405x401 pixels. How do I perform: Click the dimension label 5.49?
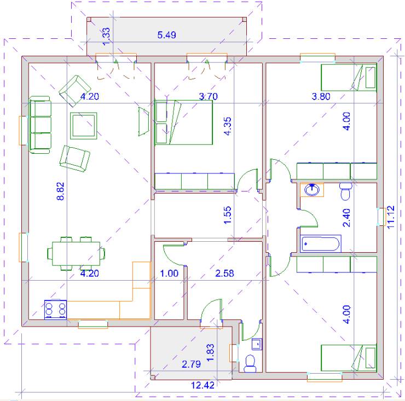click(166, 35)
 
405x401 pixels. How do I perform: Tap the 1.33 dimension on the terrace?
click(106, 37)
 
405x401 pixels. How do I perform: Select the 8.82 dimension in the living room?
click(60, 191)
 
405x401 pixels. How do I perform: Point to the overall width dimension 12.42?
click(202, 385)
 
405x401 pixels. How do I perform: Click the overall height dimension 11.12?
click(391, 217)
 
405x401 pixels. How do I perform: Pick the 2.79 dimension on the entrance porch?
click(191, 364)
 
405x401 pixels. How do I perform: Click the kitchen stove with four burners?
click(55, 309)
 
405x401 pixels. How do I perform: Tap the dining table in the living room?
click(76, 253)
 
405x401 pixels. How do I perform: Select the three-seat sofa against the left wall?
click(40, 125)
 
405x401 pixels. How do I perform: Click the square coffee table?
click(83, 126)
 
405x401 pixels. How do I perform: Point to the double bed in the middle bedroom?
click(184, 123)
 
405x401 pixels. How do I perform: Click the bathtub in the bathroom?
click(321, 243)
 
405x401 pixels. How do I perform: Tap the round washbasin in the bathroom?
click(312, 190)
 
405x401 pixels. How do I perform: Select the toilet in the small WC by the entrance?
click(250, 363)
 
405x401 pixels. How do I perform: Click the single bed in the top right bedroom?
click(349, 78)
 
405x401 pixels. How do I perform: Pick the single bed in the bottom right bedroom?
click(349, 358)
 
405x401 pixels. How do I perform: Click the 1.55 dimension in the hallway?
click(227, 215)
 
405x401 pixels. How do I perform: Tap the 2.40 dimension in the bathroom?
click(346, 218)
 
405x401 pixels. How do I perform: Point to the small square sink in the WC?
click(257, 344)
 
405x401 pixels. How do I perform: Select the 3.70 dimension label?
click(209, 97)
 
